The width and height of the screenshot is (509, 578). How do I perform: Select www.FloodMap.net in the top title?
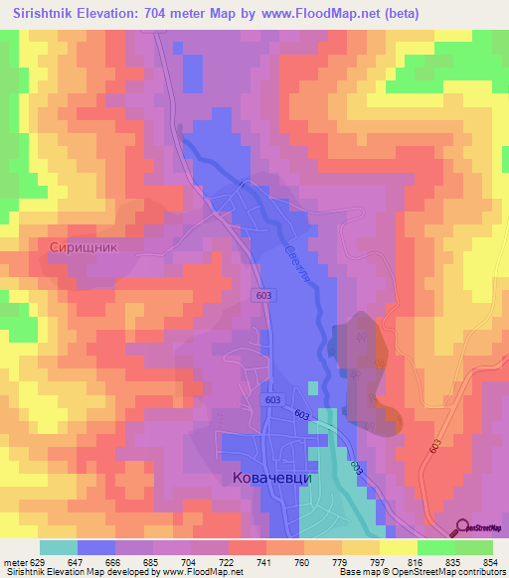click(x=310, y=14)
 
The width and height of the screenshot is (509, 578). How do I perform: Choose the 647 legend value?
click(x=78, y=562)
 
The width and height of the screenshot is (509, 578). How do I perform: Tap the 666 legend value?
click(x=115, y=562)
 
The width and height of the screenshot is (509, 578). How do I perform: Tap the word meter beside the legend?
click(x=14, y=562)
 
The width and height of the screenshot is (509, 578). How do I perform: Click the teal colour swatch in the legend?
click(x=59, y=547)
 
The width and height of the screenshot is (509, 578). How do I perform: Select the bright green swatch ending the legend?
click(x=474, y=547)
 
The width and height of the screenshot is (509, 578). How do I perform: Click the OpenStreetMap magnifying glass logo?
click(x=461, y=527)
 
